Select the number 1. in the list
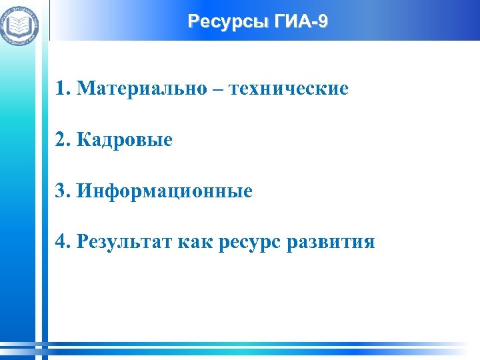[x=64, y=88]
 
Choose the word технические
[x=289, y=88]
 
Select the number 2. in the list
[x=64, y=139]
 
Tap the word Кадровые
[x=125, y=139]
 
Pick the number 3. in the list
[x=64, y=191]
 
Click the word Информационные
[x=165, y=191]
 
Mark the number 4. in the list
[x=64, y=241]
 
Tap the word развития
[x=330, y=243]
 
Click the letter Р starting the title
[x=193, y=22]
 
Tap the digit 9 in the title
[x=323, y=22]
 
